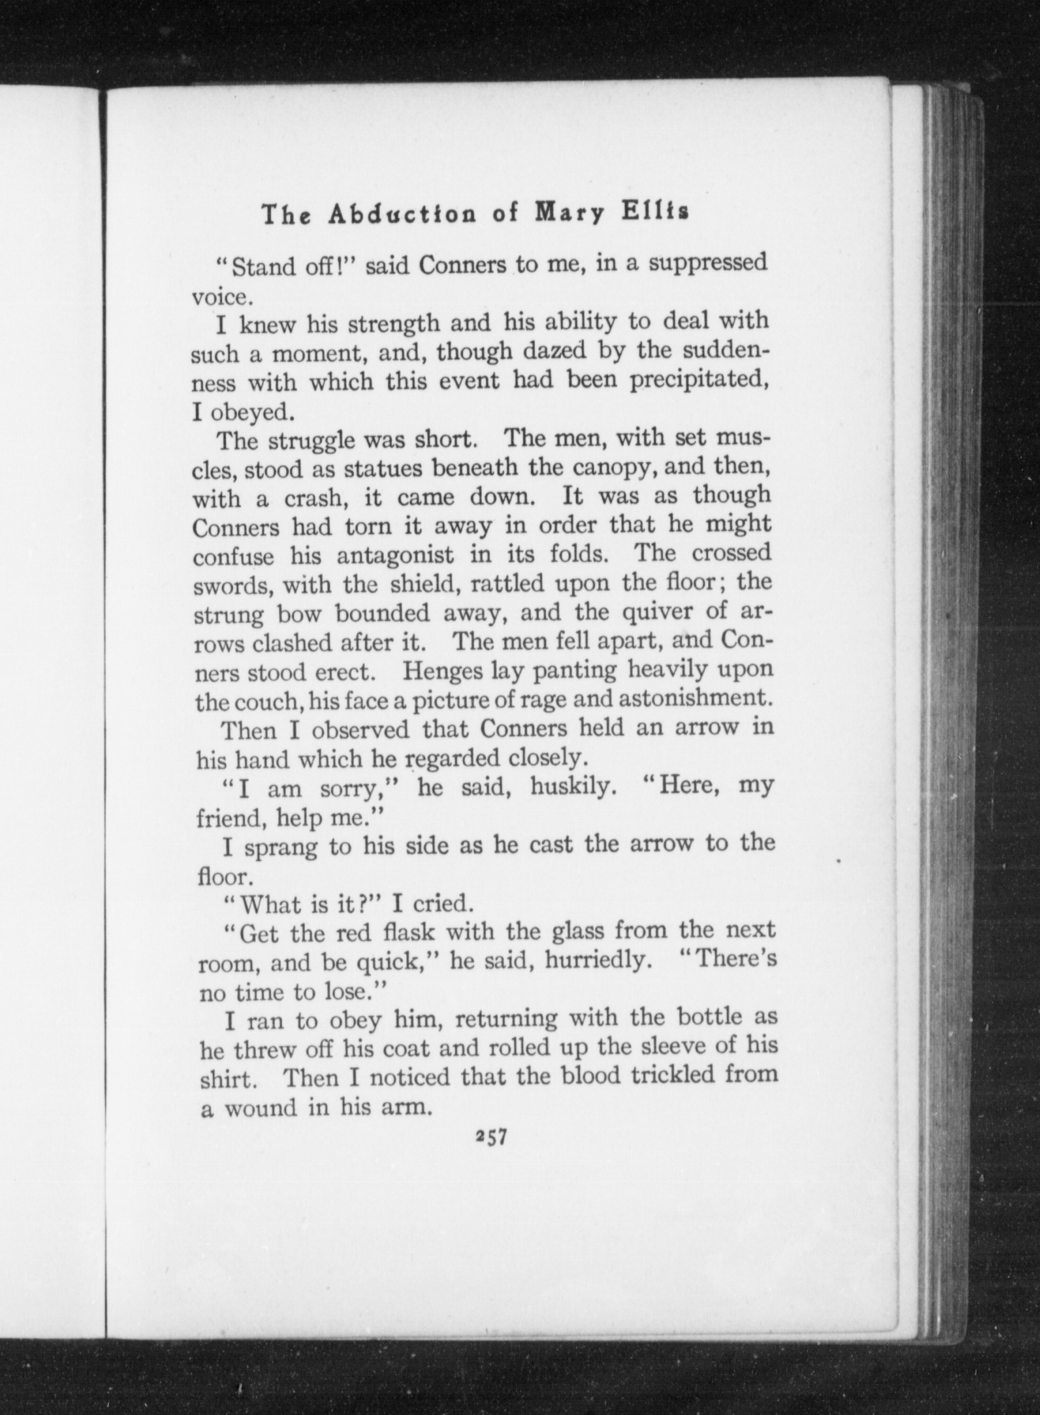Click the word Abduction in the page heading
[x=407, y=215]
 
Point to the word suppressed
[x=708, y=263]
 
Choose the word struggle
[x=314, y=441]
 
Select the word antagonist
[x=395, y=555]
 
